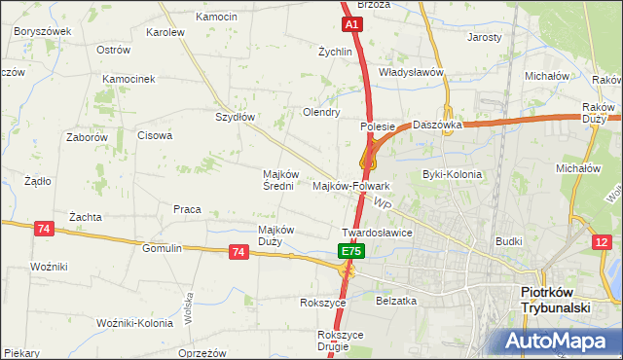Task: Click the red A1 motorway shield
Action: coord(352,23)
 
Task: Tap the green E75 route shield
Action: coord(351,251)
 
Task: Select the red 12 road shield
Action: coord(604,242)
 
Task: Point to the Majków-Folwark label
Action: coord(351,185)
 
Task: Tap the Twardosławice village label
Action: coord(378,234)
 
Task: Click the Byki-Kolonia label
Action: coord(452,174)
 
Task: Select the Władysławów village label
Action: coord(411,72)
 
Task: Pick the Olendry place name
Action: coord(321,112)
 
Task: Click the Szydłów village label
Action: coord(235,117)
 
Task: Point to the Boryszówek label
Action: coord(43,31)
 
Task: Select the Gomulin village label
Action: coord(162,248)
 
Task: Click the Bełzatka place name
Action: coord(396,301)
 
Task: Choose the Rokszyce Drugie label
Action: coord(340,341)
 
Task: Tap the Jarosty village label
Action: coord(484,37)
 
